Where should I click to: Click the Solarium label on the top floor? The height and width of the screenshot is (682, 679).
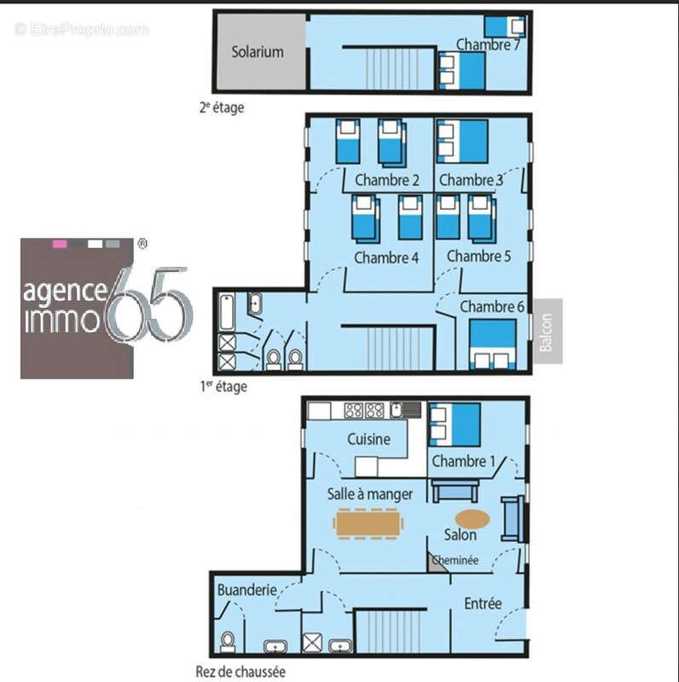pyautogui.click(x=258, y=52)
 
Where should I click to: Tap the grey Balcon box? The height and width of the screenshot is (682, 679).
pyautogui.click(x=548, y=331)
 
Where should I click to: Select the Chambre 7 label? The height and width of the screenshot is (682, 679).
pyautogui.click(x=488, y=45)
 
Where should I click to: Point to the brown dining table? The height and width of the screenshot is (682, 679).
pyautogui.click(x=368, y=523)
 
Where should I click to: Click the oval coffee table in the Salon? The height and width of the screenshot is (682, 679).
pyautogui.click(x=473, y=519)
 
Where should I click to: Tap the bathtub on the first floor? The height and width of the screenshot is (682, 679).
pyautogui.click(x=227, y=312)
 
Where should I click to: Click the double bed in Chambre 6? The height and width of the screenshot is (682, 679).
pyautogui.click(x=492, y=344)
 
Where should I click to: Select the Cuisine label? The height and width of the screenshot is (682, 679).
pyautogui.click(x=369, y=439)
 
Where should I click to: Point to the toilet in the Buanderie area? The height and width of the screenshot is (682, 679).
pyautogui.click(x=227, y=642)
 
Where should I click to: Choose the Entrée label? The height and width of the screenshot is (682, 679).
pyautogui.click(x=483, y=604)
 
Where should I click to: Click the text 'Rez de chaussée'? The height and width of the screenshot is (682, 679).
pyautogui.click(x=241, y=672)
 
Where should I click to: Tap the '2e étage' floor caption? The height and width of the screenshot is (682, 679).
pyautogui.click(x=222, y=107)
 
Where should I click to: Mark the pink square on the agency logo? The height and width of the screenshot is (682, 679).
pyautogui.click(x=60, y=244)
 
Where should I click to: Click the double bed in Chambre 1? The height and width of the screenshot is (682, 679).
pyautogui.click(x=455, y=425)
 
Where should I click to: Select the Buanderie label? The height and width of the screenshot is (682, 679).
pyautogui.click(x=247, y=590)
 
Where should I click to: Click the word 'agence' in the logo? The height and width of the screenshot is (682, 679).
pyautogui.click(x=66, y=292)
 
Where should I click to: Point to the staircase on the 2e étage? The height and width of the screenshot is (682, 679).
pyautogui.click(x=390, y=68)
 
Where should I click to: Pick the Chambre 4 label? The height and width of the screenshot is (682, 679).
pyautogui.click(x=386, y=257)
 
